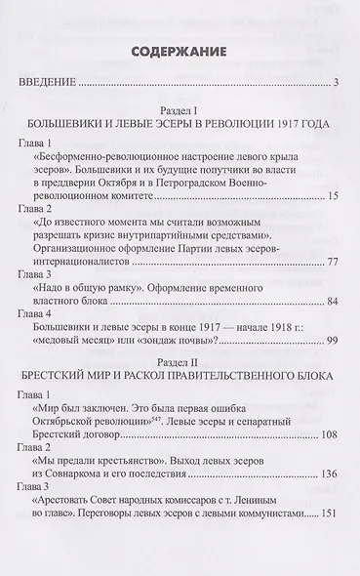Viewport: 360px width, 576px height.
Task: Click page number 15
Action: (x=332, y=199)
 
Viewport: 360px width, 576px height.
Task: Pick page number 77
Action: (x=332, y=261)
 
